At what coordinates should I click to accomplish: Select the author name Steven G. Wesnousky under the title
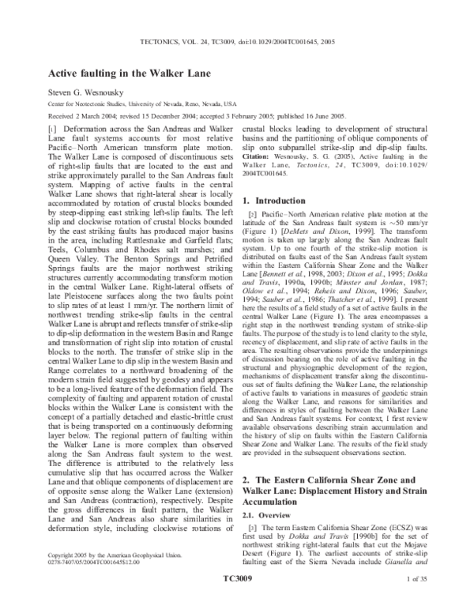pos(86,92)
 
